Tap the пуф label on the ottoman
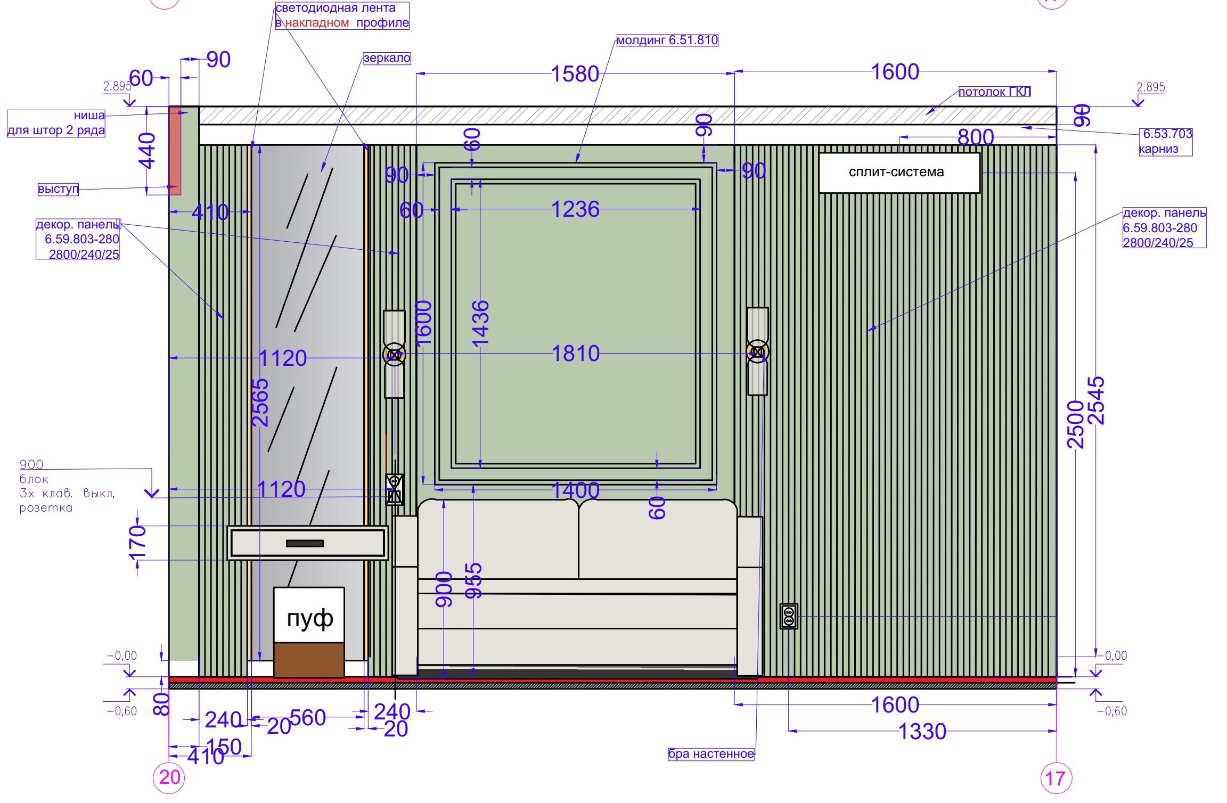click(x=310, y=619)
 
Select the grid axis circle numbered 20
click(x=169, y=778)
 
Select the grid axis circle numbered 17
click(x=1056, y=779)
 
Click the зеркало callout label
click(x=387, y=58)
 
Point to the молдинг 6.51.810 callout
click(x=667, y=40)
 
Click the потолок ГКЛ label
click(x=994, y=92)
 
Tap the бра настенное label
click(x=711, y=754)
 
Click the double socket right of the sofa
click(x=789, y=616)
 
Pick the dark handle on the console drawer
click(x=305, y=543)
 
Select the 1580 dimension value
click(x=575, y=74)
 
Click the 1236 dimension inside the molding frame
click(x=575, y=209)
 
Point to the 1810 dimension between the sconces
click(x=576, y=354)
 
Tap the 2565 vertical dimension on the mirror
click(x=260, y=403)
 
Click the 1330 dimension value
click(x=922, y=732)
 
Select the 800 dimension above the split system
click(x=976, y=137)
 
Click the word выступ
click(x=58, y=189)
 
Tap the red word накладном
click(x=317, y=23)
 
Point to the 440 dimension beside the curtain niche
click(x=146, y=151)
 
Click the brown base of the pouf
click(x=309, y=660)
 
